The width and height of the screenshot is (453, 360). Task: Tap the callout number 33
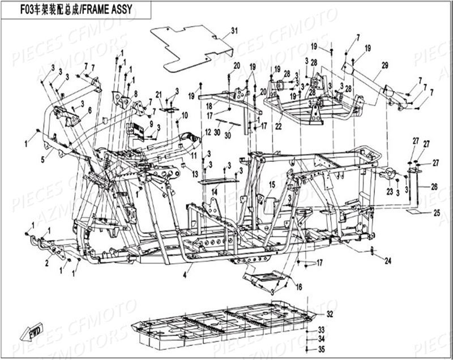click(x=321, y=329)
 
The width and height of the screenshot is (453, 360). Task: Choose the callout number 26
click(x=434, y=186)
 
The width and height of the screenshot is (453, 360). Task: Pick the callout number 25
click(x=437, y=213)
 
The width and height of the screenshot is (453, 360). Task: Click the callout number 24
click(x=388, y=261)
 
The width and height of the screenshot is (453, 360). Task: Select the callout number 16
click(x=298, y=286)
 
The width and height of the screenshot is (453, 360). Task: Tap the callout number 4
click(x=184, y=276)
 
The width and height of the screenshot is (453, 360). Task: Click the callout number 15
click(x=272, y=185)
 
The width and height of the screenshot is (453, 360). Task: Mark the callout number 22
click(x=278, y=127)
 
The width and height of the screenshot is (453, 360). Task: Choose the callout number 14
click(x=215, y=192)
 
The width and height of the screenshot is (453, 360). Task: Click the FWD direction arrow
click(x=27, y=335)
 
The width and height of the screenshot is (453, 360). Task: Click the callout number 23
click(x=390, y=192)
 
